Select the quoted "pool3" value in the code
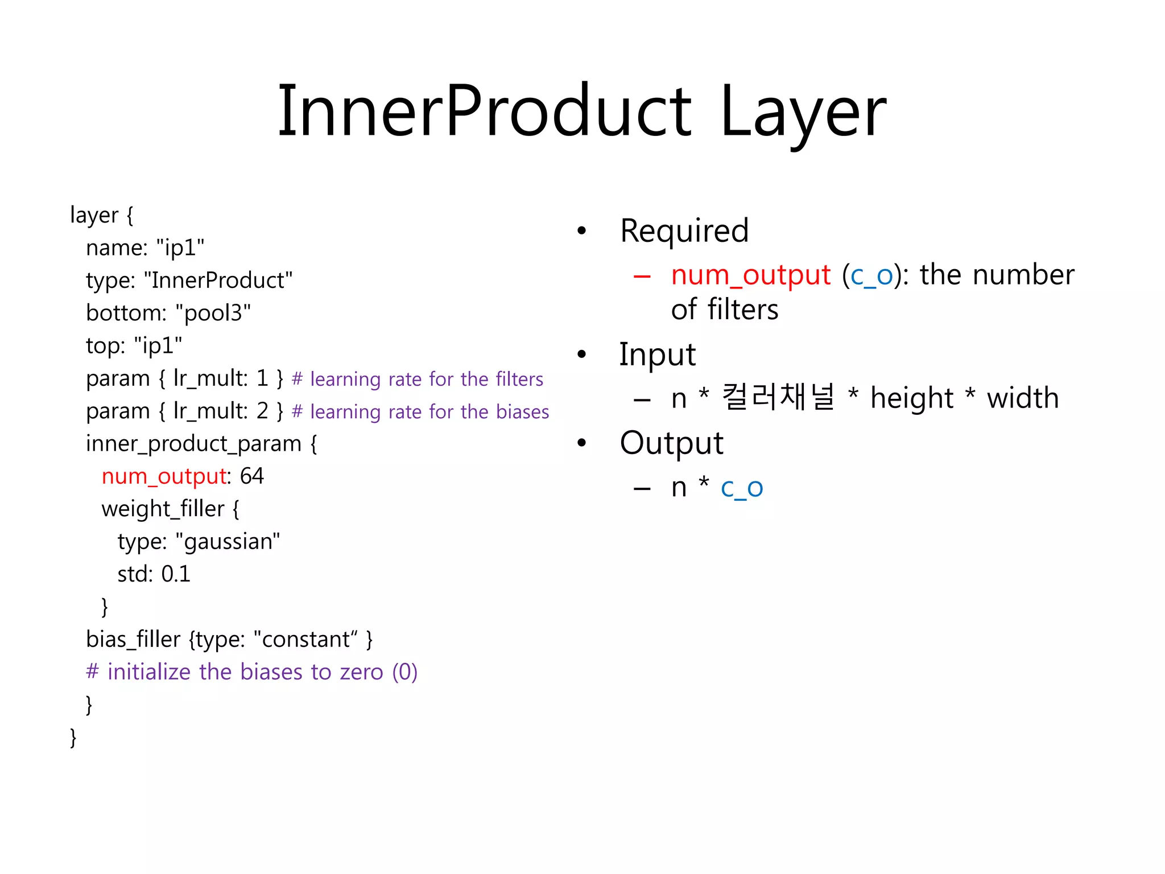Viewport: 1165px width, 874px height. coord(213,313)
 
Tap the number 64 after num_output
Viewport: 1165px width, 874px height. coord(251,476)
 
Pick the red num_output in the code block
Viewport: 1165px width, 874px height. coord(164,477)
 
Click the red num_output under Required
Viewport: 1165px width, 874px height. coord(750,275)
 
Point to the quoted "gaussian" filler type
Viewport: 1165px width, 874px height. coord(228,542)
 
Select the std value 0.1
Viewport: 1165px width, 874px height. coord(176,574)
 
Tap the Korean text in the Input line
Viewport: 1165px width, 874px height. coord(778,397)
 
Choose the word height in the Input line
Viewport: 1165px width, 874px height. coord(912,398)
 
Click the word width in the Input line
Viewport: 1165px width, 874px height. coord(1022,398)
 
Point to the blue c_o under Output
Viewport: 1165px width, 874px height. coord(741,488)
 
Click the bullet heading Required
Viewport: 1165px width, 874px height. coord(684,231)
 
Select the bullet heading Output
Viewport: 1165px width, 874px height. coord(671,443)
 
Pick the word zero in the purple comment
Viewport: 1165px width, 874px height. coord(361,673)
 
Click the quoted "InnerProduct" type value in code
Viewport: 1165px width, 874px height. coord(218,281)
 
